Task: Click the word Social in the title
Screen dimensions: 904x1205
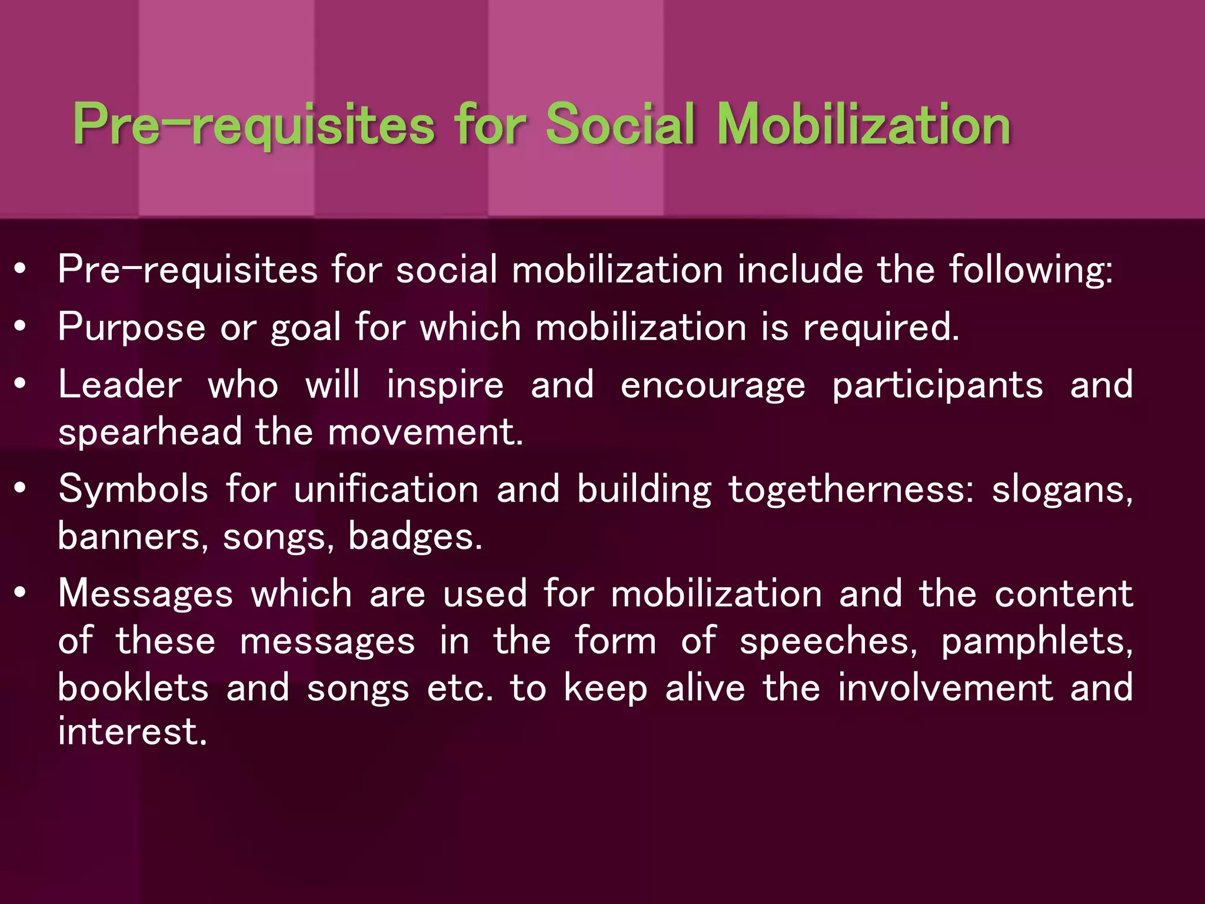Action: point(621,125)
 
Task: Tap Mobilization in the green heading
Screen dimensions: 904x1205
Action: point(864,125)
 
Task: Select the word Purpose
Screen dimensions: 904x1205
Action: point(132,327)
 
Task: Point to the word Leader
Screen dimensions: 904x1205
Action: point(120,385)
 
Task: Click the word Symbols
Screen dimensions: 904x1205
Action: point(133,489)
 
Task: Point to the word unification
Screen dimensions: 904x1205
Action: point(386,489)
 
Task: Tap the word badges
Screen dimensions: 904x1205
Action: point(415,537)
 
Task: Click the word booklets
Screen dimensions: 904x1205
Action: point(133,687)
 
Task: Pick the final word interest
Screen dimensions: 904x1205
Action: point(132,732)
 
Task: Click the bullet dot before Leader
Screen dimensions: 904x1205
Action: point(21,384)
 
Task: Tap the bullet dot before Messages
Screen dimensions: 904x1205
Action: point(21,593)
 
